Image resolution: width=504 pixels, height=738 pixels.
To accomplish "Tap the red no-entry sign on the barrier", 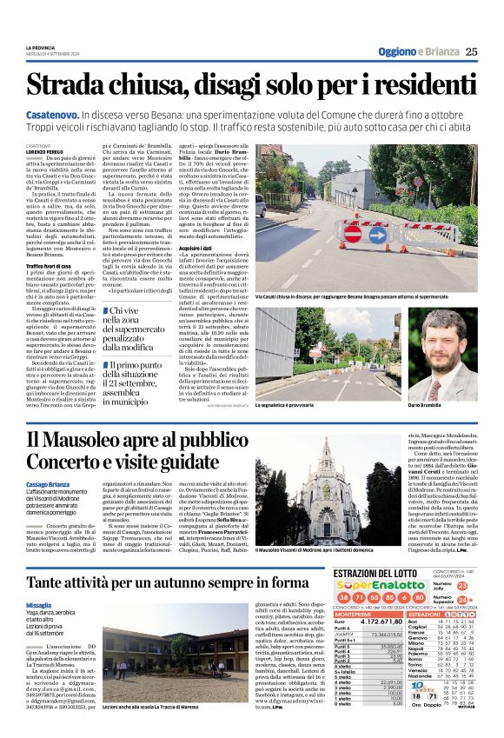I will [x=354, y=233].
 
